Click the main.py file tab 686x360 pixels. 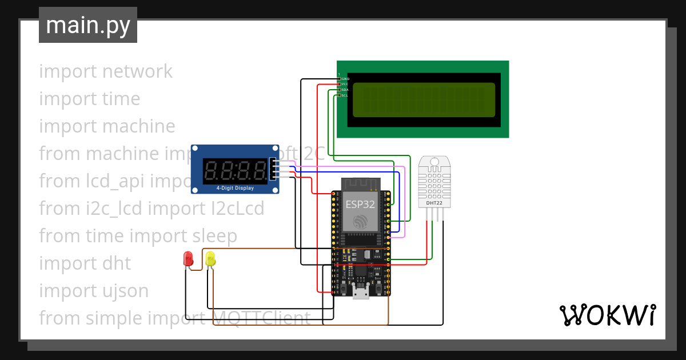tap(87, 25)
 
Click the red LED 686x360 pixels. tap(188, 258)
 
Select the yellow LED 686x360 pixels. tap(210, 259)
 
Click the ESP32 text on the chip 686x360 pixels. tap(360, 204)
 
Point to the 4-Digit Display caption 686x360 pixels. tap(235, 187)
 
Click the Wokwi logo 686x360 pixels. tap(607, 315)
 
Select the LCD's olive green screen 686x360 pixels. tap(424, 99)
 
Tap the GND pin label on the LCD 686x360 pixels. tap(345, 78)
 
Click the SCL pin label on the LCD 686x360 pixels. tap(345, 95)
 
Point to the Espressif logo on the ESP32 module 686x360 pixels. tap(360, 222)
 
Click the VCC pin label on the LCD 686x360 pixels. tap(345, 84)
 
